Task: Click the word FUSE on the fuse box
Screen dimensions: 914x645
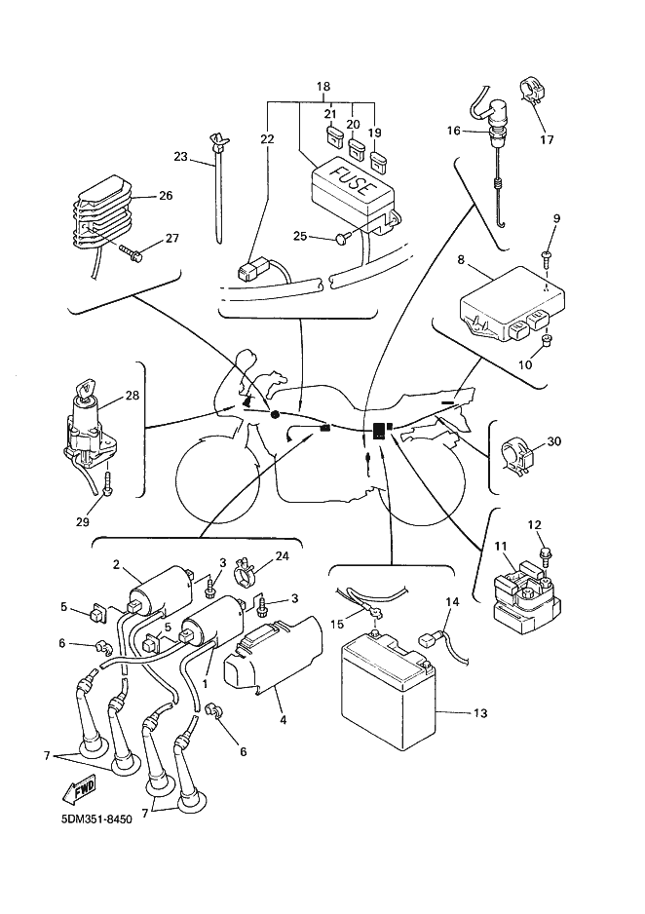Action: click(351, 181)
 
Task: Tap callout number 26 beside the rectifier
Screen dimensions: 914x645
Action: click(165, 196)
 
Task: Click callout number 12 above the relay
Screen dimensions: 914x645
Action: click(534, 526)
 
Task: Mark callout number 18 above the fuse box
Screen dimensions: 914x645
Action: click(323, 86)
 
